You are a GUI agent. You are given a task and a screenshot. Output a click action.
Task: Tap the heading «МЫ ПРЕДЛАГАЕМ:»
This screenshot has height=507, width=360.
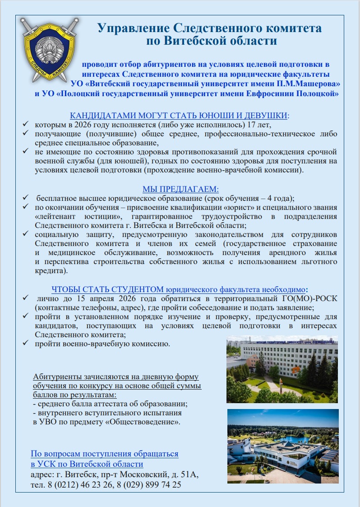(x=180, y=189)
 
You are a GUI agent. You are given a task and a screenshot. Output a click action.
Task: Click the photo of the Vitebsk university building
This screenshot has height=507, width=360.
(x=282, y=369)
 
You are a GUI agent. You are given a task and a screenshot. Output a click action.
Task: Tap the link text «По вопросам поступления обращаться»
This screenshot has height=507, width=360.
(x=104, y=454)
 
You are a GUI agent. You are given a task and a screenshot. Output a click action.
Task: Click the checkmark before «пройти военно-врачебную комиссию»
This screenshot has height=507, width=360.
(x=26, y=344)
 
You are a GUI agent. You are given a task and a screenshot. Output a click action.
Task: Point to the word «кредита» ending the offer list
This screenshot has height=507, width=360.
(x=50, y=271)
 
